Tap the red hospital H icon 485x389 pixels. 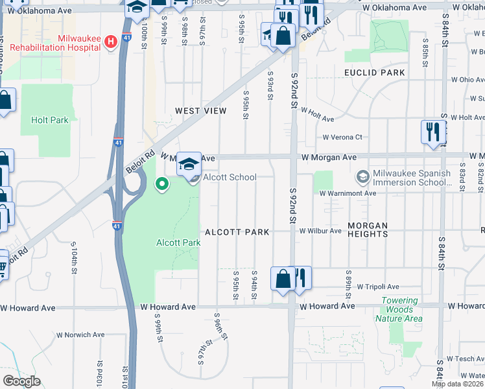tap(111, 41)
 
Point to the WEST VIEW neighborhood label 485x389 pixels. tap(201, 111)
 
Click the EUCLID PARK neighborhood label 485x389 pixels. tap(375, 73)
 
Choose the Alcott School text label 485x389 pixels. tap(230, 177)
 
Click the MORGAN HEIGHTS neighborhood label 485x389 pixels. tap(377, 231)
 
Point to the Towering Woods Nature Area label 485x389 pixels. tap(405, 309)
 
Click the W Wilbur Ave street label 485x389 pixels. tap(320, 231)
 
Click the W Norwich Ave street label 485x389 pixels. tap(80, 335)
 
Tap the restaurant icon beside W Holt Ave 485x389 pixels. tap(431, 132)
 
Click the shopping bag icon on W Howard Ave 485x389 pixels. tap(283, 279)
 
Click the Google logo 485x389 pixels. tap(21, 381)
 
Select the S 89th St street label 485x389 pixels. tap(349, 281)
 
